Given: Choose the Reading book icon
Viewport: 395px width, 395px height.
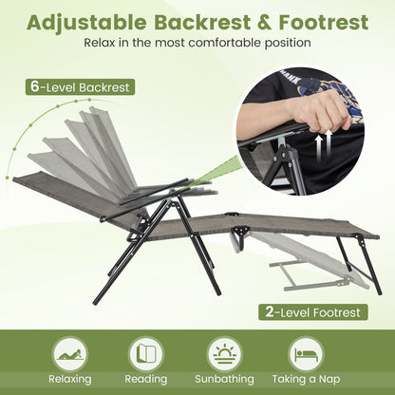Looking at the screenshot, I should pyautogui.click(x=146, y=353).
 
